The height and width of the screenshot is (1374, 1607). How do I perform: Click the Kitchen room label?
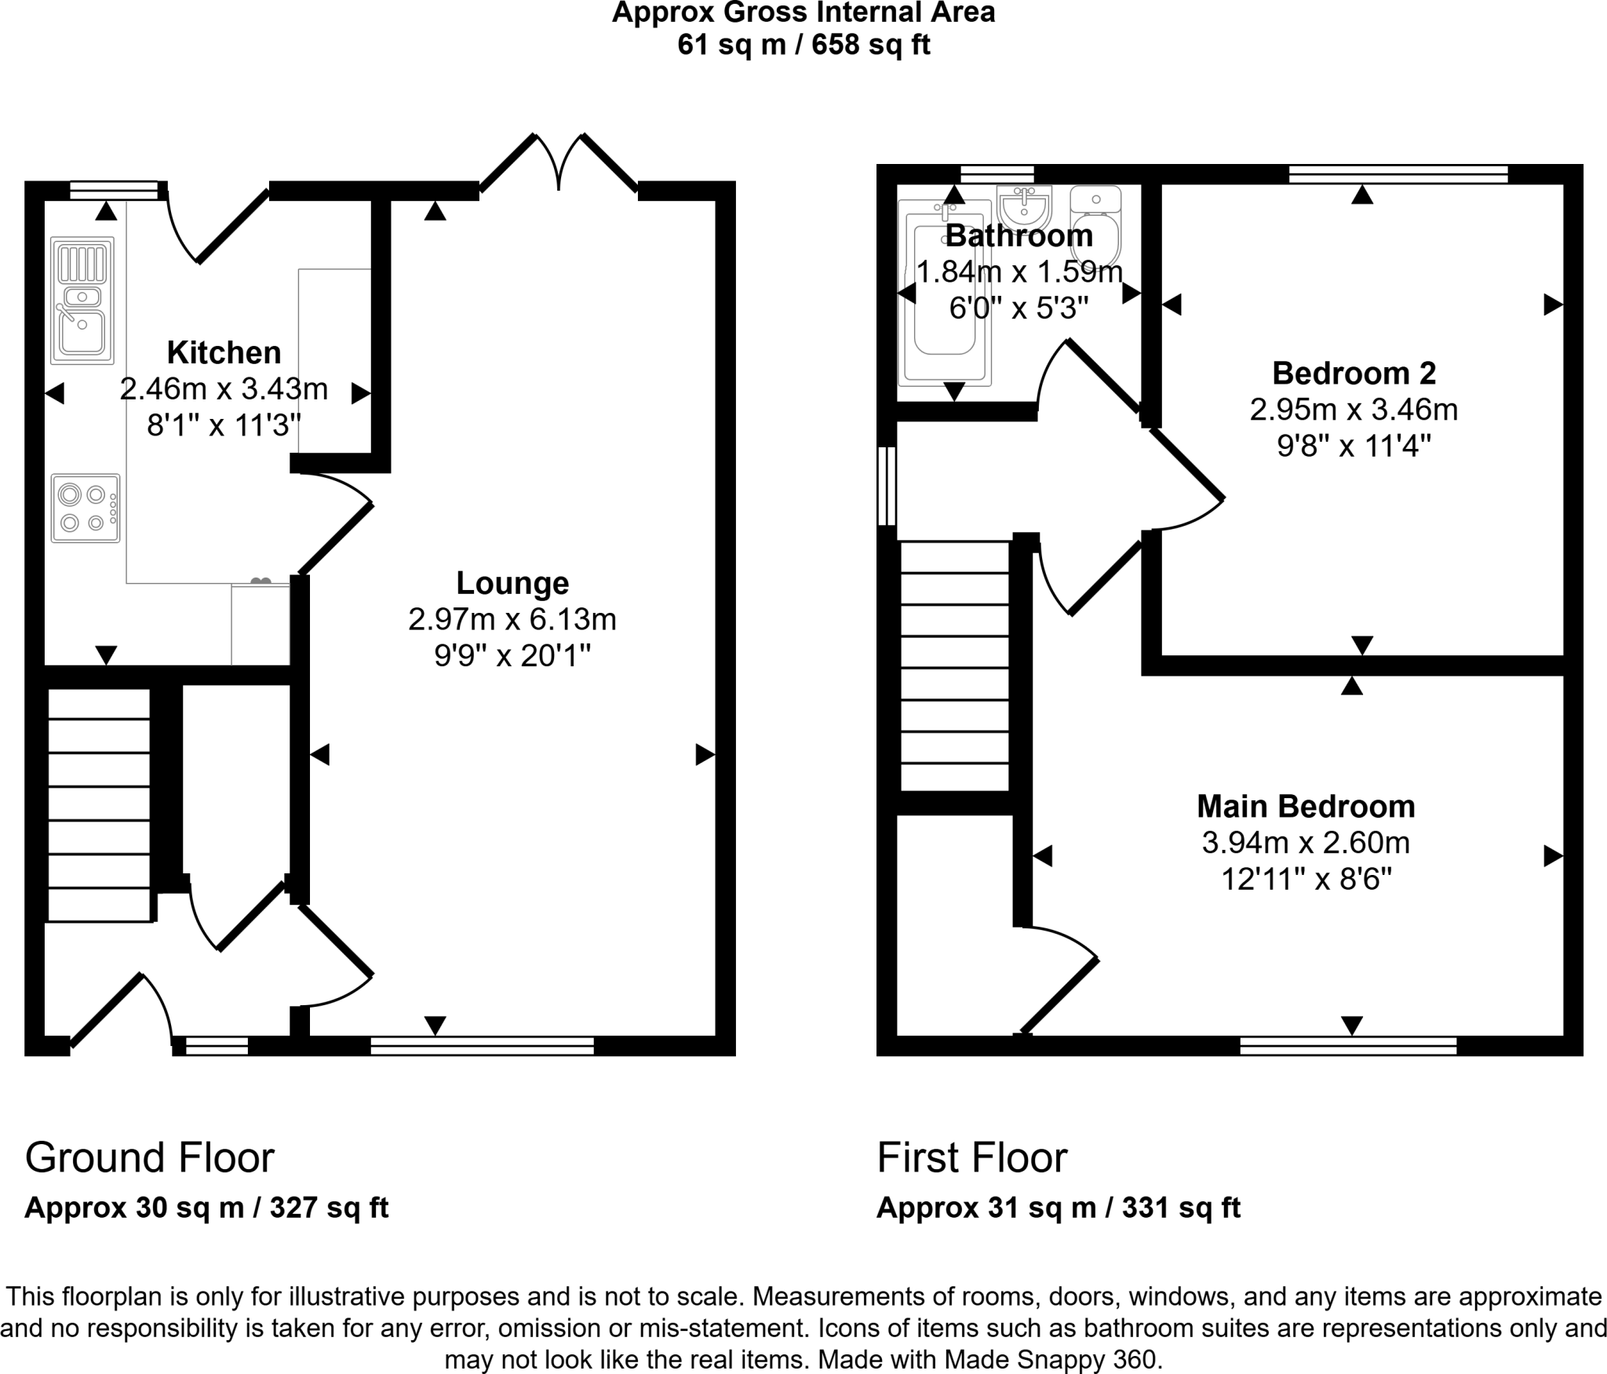click(224, 353)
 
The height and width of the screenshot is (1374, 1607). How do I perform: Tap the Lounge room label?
click(512, 583)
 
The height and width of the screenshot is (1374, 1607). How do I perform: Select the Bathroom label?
click(1018, 235)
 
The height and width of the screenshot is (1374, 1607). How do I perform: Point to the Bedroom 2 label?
click(1354, 373)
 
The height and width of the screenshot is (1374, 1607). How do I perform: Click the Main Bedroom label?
click(1306, 806)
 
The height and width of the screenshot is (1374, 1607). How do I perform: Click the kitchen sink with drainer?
click(82, 301)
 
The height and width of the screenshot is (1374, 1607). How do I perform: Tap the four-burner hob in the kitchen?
click(86, 508)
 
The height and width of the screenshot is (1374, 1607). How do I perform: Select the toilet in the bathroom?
click(1095, 227)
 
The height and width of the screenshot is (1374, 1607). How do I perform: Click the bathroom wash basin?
click(1024, 208)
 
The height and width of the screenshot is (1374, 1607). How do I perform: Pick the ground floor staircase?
click(99, 804)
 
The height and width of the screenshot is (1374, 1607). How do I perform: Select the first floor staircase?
click(954, 666)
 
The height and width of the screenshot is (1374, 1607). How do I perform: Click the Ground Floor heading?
click(150, 1157)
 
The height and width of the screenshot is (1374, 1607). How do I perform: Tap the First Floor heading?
click(972, 1157)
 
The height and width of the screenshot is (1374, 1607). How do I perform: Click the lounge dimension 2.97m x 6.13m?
click(512, 620)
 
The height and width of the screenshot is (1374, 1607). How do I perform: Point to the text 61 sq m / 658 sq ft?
click(803, 45)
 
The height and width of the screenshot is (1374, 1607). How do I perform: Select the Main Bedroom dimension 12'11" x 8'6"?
click(1306, 880)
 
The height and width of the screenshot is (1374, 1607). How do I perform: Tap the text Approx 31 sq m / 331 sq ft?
click(1059, 1207)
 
